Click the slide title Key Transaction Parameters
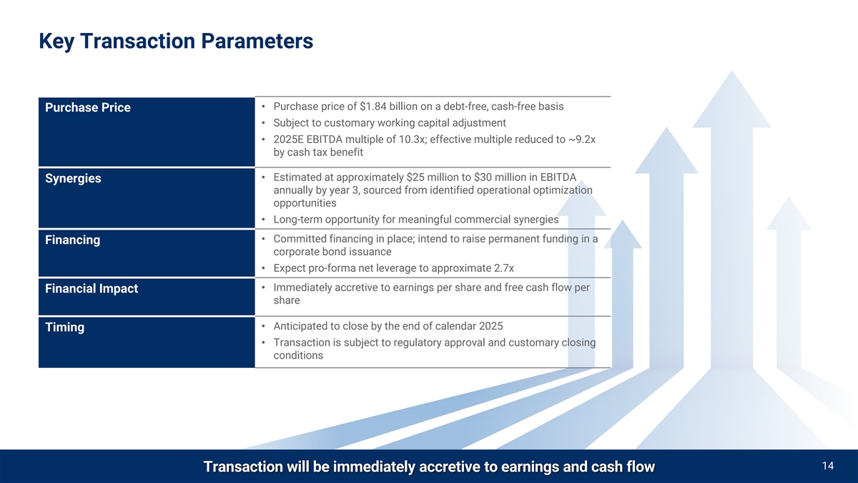pos(176,42)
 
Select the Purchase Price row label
pos(88,107)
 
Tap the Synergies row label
pos(73,179)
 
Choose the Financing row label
pos(72,240)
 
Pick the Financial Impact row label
pos(92,288)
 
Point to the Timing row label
pos(65,327)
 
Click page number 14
pos(828,466)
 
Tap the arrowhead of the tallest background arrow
pos(731,99)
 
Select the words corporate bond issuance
pos(332,251)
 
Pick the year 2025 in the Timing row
pos(490,326)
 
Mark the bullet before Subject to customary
pos(263,123)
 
